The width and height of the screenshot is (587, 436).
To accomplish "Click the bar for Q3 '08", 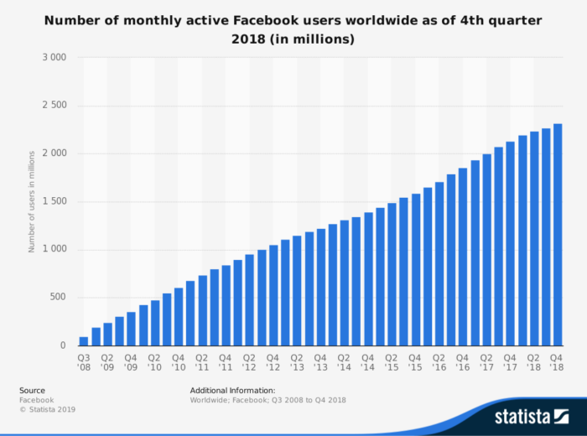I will click(84, 340).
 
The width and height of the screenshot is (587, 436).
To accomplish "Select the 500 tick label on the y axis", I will click(59, 298).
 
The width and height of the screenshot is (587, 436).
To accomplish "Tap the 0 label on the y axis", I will click(63, 345).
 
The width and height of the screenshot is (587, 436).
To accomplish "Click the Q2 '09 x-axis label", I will click(107, 362).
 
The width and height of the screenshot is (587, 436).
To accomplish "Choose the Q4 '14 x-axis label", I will click(368, 362).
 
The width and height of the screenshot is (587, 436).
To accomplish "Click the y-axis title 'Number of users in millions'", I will click(32, 201).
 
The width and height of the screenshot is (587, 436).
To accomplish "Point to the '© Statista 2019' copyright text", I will click(48, 409).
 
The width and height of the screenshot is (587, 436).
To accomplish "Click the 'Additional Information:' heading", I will click(232, 390).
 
